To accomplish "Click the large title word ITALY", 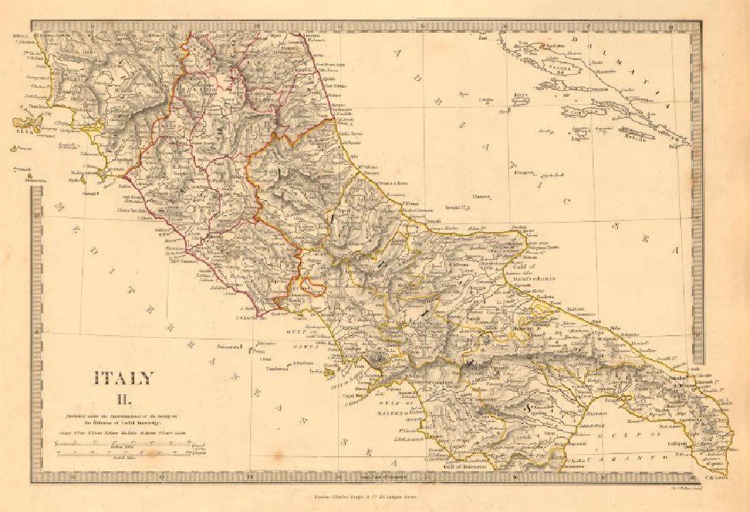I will click(x=123, y=379).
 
